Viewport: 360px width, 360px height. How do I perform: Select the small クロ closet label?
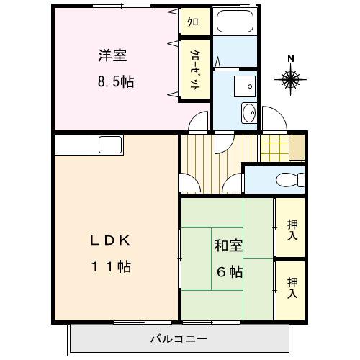pyautogui.click(x=194, y=22)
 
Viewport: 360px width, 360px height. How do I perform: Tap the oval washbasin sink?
pyautogui.click(x=248, y=112)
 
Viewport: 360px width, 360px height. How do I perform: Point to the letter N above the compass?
pyautogui.click(x=290, y=58)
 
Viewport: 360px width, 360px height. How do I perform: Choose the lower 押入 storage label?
pyautogui.click(x=291, y=287)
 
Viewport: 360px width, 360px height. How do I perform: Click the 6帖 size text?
pyautogui.click(x=230, y=272)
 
